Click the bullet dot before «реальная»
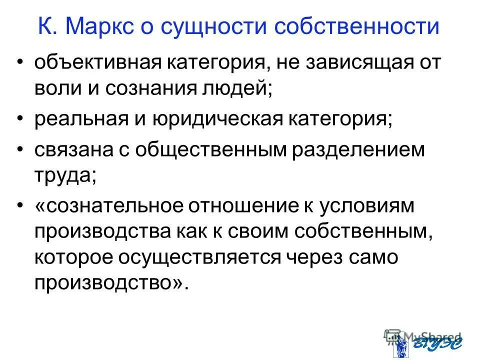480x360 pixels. click(19, 119)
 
